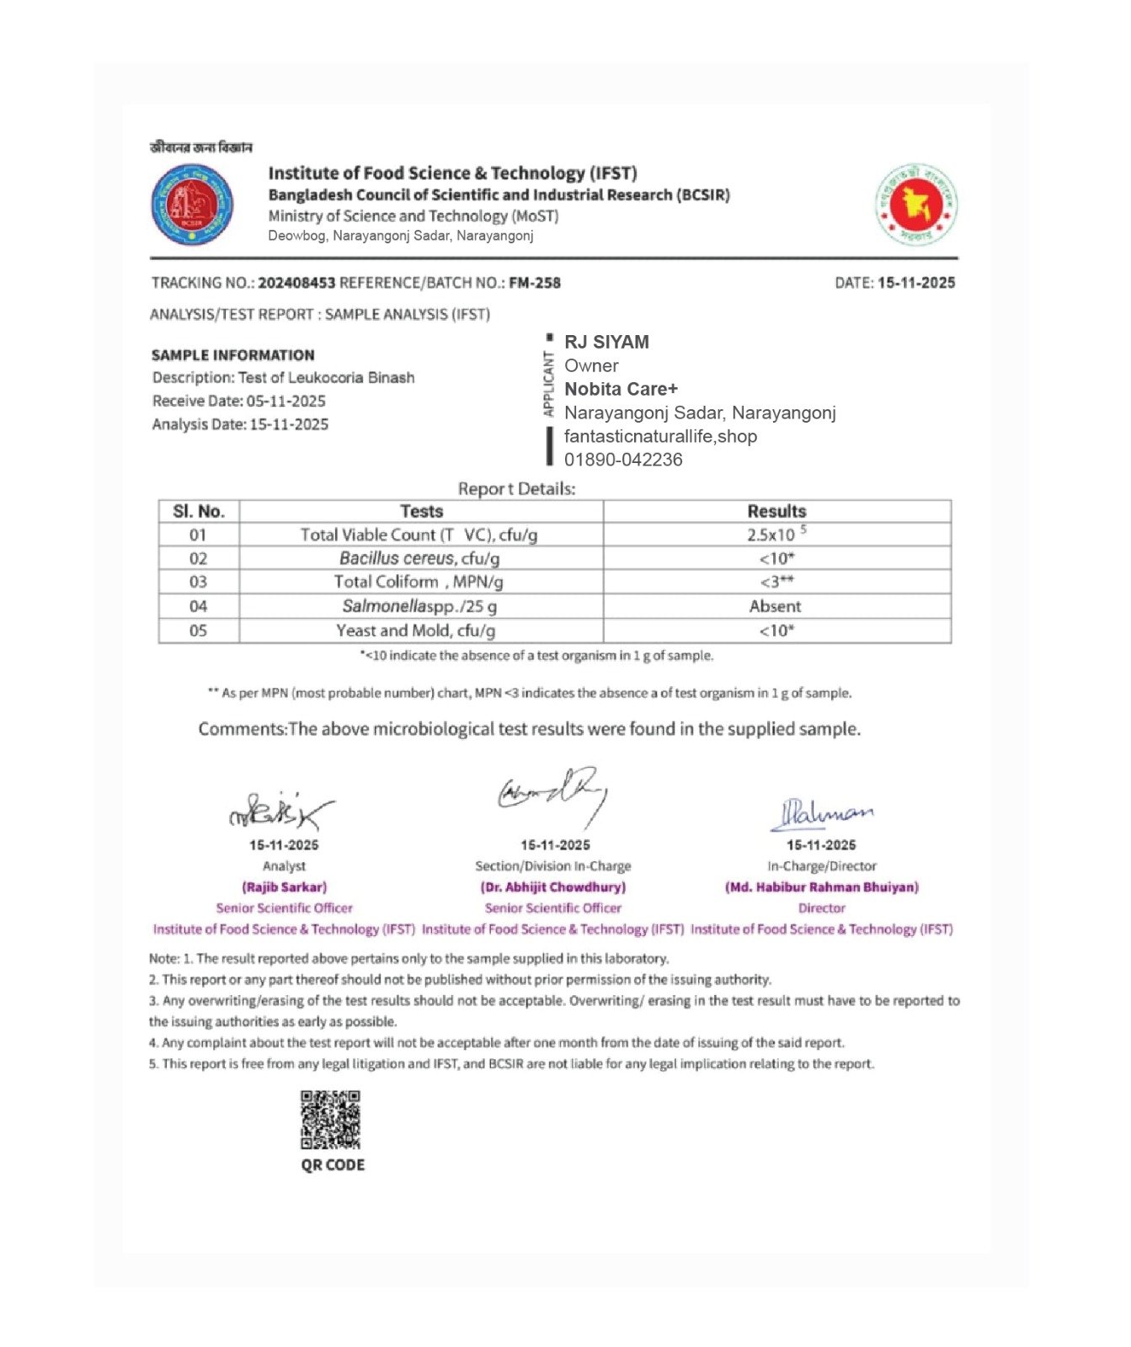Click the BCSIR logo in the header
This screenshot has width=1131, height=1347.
click(192, 205)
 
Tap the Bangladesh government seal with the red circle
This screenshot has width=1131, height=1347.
click(915, 205)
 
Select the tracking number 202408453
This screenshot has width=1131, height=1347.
click(296, 283)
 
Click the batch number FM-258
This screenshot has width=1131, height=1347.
click(535, 283)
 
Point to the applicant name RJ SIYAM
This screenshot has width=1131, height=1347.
click(606, 342)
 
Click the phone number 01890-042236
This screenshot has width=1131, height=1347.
click(623, 460)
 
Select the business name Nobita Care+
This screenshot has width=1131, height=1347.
click(621, 389)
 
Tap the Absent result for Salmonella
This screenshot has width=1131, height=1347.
click(775, 606)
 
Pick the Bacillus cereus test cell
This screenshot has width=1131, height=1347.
click(419, 558)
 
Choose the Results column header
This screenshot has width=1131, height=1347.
click(776, 511)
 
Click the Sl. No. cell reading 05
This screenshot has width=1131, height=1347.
click(198, 631)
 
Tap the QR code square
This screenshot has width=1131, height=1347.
click(331, 1120)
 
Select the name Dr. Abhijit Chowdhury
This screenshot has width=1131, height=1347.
click(553, 886)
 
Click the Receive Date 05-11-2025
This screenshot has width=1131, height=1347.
click(285, 401)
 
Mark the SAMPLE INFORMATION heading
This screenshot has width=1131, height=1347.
click(233, 355)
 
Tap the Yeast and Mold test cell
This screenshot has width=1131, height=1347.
click(416, 631)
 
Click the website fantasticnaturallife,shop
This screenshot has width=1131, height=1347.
click(660, 436)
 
